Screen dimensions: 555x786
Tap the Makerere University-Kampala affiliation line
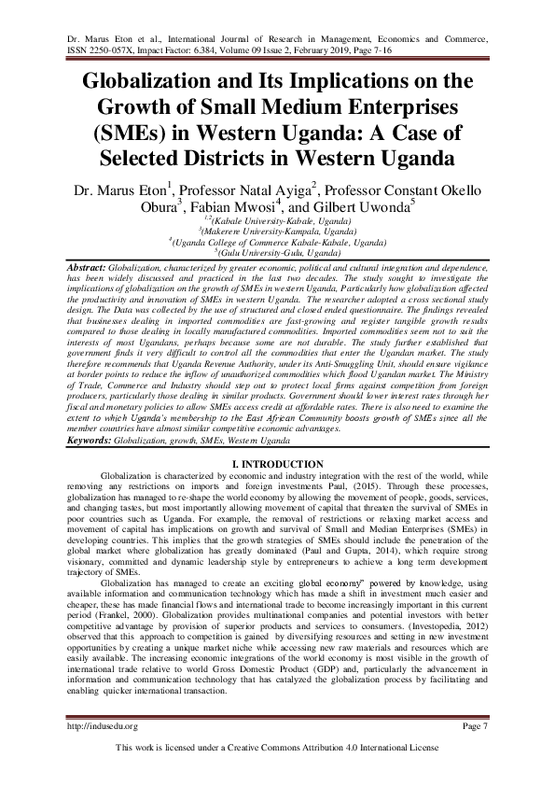[x=277, y=230]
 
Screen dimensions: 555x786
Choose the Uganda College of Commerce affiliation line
[x=277, y=242]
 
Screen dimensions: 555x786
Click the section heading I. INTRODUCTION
[x=277, y=464]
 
